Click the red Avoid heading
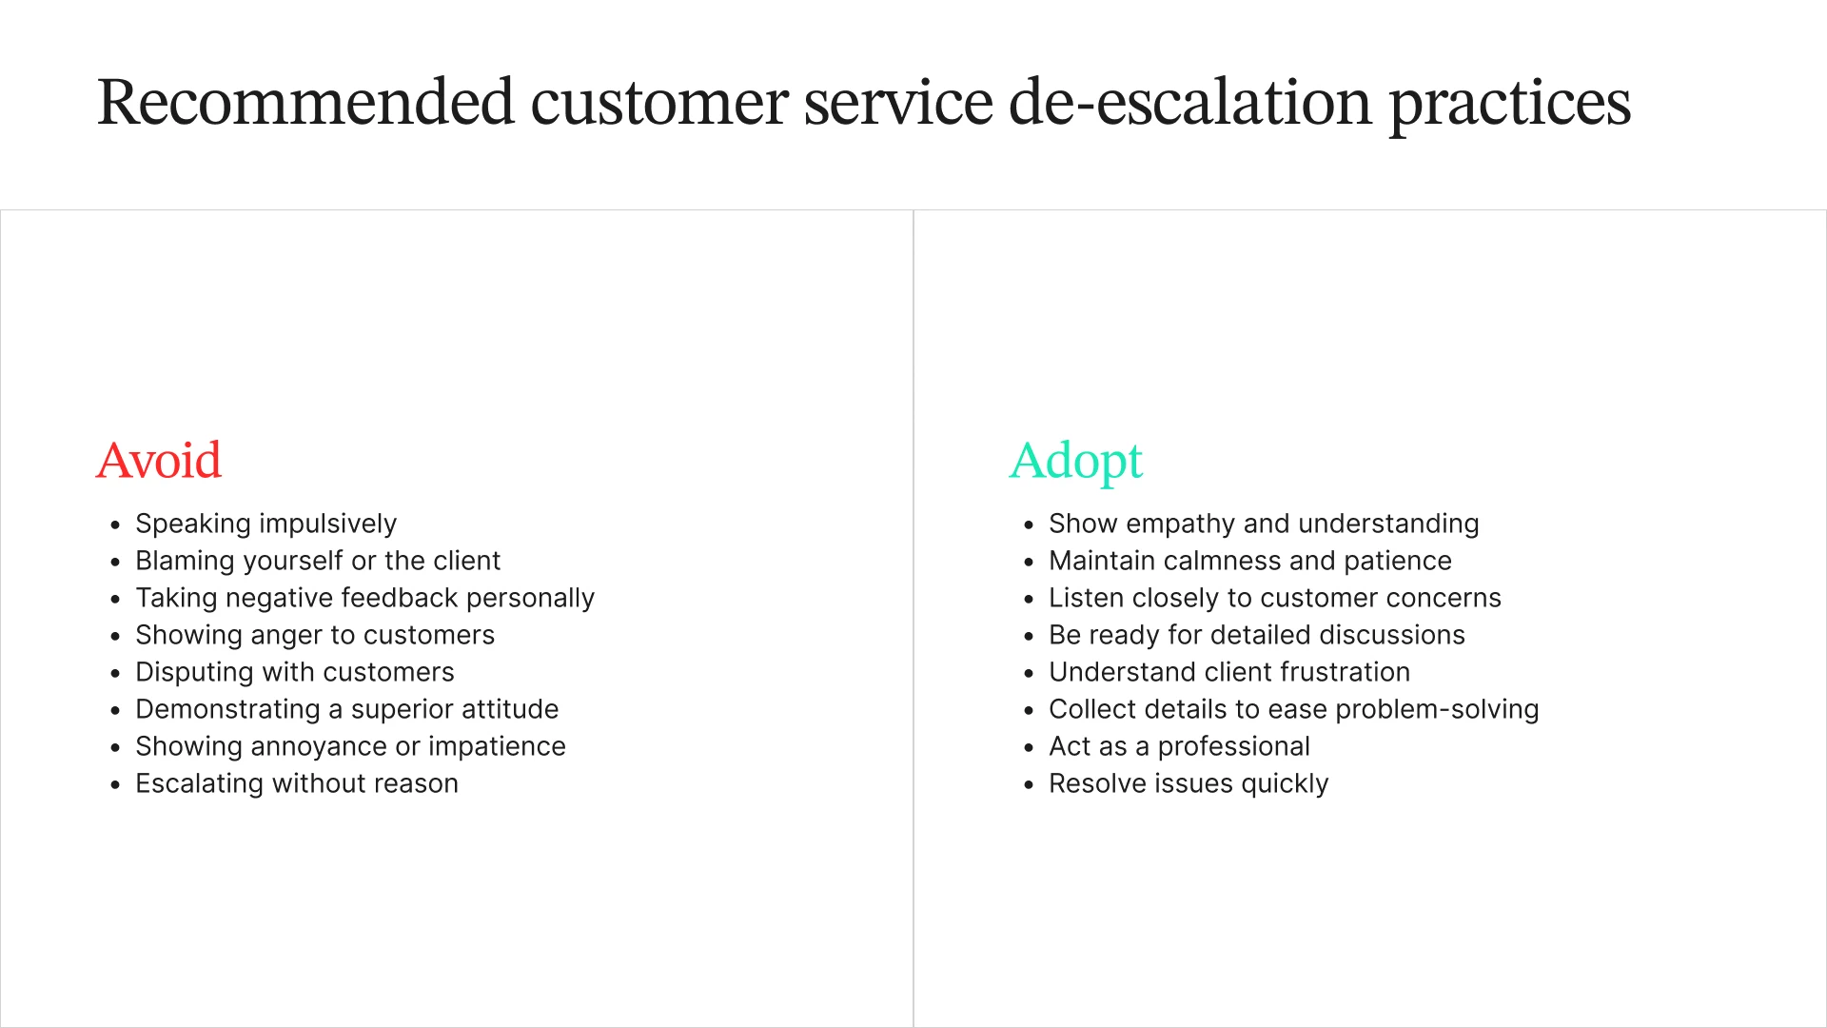coord(159,461)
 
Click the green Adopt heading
coord(1075,461)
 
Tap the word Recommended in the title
coord(305,102)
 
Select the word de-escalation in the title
coord(1189,102)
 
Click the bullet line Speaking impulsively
coord(265,524)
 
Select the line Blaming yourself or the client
coord(317,561)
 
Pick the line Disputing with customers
coord(294,672)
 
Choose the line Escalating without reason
coord(296,783)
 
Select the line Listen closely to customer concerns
coord(1274,598)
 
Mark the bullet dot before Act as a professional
coord(1029,748)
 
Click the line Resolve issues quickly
coord(1189,783)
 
